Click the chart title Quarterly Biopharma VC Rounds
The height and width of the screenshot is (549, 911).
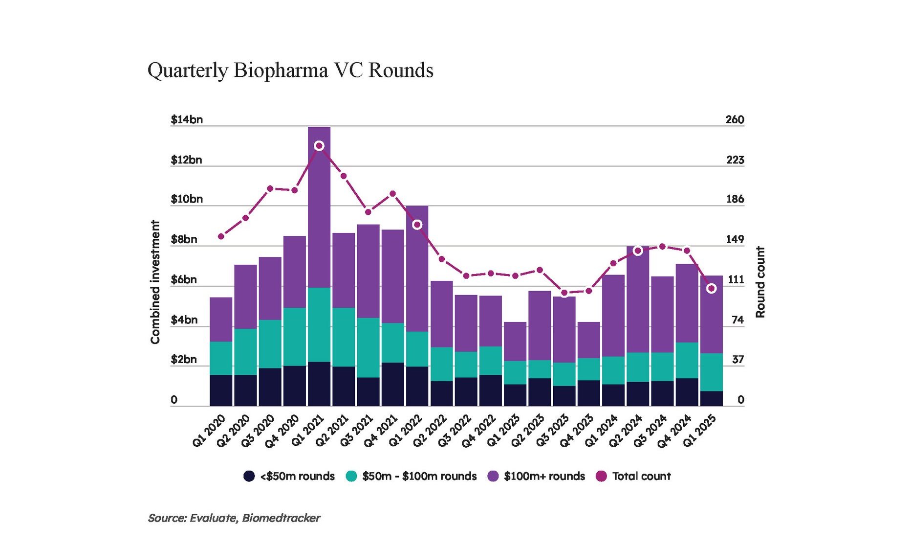coord(290,70)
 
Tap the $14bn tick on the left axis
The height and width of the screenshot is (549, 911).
coord(187,120)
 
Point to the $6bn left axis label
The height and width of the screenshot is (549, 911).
coord(184,280)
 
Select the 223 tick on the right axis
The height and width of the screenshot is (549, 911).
coord(735,160)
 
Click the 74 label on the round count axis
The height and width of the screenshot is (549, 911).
coord(737,320)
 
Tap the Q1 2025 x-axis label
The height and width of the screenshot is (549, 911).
coord(700,431)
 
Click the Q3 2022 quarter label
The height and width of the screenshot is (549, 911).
coord(455,431)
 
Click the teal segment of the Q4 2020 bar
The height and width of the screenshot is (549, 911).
coord(295,337)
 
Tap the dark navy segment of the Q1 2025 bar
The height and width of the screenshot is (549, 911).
coord(711,398)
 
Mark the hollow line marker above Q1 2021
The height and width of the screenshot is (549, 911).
coord(319,146)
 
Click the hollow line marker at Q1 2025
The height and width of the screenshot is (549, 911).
coord(712,289)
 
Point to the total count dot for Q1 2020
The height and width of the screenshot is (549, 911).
coord(221,237)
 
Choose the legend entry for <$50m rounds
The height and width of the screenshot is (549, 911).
coord(289,476)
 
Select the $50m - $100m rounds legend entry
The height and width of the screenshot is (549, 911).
coord(411,476)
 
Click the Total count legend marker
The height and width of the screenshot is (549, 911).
coord(601,476)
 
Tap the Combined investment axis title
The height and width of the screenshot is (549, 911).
coord(155,282)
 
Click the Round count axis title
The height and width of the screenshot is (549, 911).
coord(760,282)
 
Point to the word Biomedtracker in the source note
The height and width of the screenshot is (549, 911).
coord(281,518)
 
